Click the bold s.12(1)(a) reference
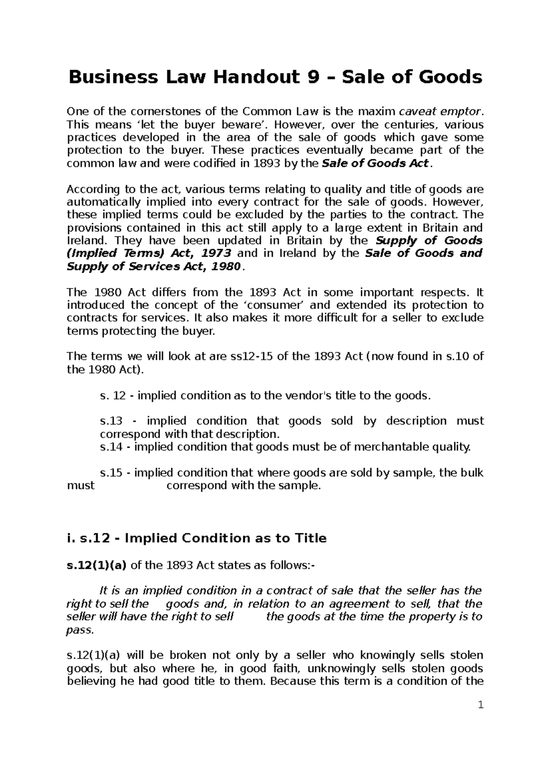(x=97, y=565)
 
